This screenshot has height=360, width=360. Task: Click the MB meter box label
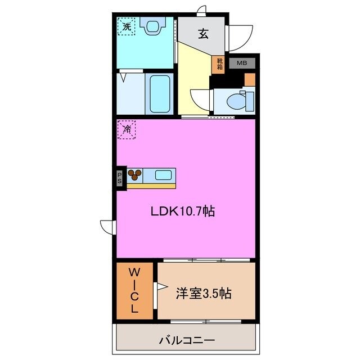[x=242, y=62]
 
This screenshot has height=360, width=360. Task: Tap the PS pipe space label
[x=119, y=178]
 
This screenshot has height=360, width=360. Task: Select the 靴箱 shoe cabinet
[x=218, y=65]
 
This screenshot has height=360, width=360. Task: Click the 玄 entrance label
[x=203, y=34]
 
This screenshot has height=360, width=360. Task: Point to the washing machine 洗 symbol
[x=126, y=26]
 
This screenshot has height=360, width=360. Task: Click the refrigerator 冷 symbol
[x=127, y=130]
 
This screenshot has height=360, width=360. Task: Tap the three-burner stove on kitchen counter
[x=134, y=175]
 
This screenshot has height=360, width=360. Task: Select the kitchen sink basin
[x=163, y=175]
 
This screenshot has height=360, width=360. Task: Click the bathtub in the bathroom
[x=160, y=94]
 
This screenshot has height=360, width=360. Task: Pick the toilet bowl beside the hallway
[x=236, y=101]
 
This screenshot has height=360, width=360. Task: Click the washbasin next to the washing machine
[x=153, y=26]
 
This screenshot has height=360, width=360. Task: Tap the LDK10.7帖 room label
[x=183, y=211]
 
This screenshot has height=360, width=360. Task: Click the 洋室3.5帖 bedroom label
[x=204, y=293]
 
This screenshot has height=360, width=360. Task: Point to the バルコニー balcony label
[x=187, y=340]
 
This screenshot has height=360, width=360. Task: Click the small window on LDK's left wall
[x=108, y=227]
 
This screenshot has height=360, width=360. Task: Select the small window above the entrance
[x=201, y=11]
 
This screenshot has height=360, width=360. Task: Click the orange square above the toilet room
[x=250, y=80]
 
